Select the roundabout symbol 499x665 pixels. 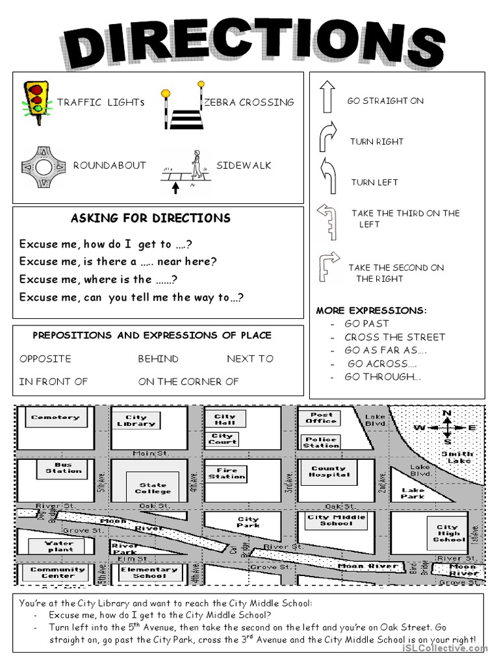[x=44, y=168]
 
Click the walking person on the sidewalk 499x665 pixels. [x=195, y=165]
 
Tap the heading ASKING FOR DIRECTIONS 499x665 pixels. [x=150, y=218]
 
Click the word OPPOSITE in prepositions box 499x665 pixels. [x=45, y=358]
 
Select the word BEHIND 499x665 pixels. [x=158, y=358]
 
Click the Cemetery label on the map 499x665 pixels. [x=55, y=418]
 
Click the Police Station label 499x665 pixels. [x=321, y=442]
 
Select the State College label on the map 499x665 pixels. [x=153, y=488]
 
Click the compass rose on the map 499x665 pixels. [x=447, y=427]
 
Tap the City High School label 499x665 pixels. [x=448, y=533]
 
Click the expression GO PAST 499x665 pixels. [x=366, y=323]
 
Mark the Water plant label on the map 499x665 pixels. [x=59, y=546]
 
